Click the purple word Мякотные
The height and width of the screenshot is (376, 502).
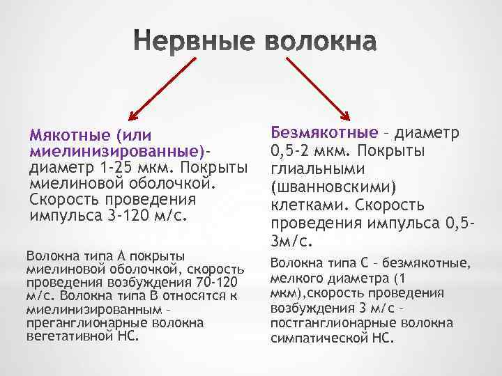pyautogui.click(x=69, y=134)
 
